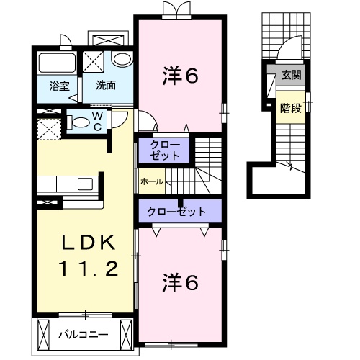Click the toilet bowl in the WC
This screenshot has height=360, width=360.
point(78,122)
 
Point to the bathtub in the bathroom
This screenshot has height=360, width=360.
point(56,63)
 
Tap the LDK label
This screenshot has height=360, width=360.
point(81,240)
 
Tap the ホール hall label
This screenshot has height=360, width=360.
point(151,181)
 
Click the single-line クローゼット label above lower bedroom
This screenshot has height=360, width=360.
point(176,212)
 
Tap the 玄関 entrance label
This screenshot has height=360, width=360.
point(290,76)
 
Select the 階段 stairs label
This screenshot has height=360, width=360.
point(290,108)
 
